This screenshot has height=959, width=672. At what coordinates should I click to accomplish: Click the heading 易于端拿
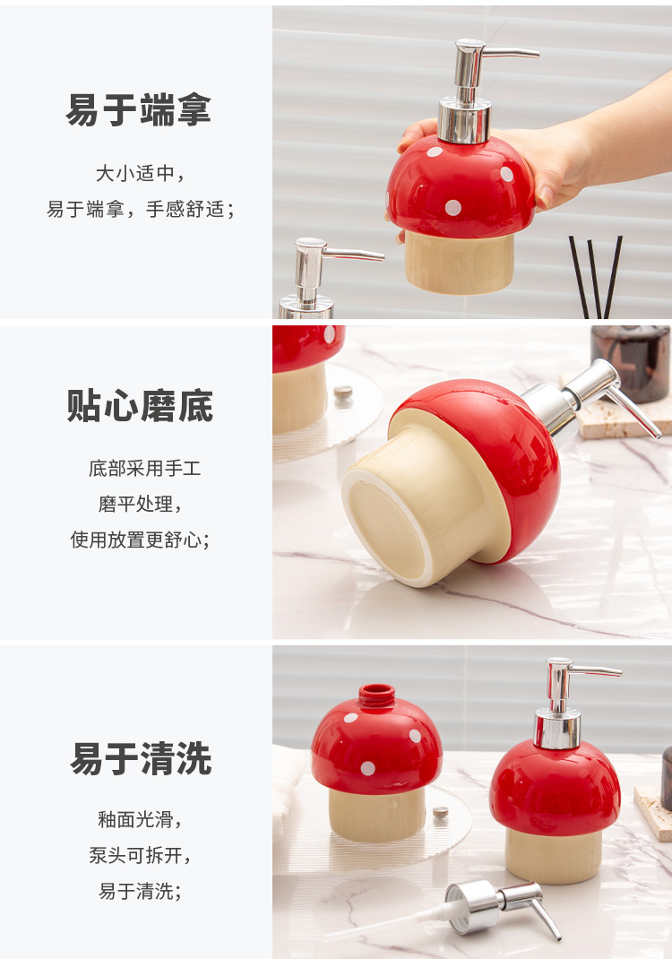coord(138,109)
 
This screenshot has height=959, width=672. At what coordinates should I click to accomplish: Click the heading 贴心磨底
coord(140,405)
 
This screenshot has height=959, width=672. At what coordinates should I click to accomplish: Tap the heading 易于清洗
coord(141,758)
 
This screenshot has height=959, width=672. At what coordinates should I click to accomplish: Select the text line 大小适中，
coord(141,174)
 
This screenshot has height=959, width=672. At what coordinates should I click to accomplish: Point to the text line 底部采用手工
coord(144,469)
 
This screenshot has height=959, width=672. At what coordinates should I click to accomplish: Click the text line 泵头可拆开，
coord(141,855)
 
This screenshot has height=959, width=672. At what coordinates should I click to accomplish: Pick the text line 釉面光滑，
coord(141,819)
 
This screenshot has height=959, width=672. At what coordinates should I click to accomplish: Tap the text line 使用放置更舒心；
coord(141,540)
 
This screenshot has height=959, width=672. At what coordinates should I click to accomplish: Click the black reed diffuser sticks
coord(596,276)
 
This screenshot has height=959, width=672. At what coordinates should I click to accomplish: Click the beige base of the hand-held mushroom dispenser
coord(459,263)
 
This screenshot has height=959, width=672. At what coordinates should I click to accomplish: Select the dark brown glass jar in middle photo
coord(631,363)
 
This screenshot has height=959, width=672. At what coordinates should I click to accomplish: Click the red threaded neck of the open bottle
coord(376,695)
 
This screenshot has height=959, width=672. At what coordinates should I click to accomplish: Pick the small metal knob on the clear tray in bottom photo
coord(440,812)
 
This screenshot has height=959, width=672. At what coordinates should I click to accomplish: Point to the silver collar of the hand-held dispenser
coord(465,121)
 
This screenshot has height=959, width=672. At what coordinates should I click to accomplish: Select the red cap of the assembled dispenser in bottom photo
coord(555,788)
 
